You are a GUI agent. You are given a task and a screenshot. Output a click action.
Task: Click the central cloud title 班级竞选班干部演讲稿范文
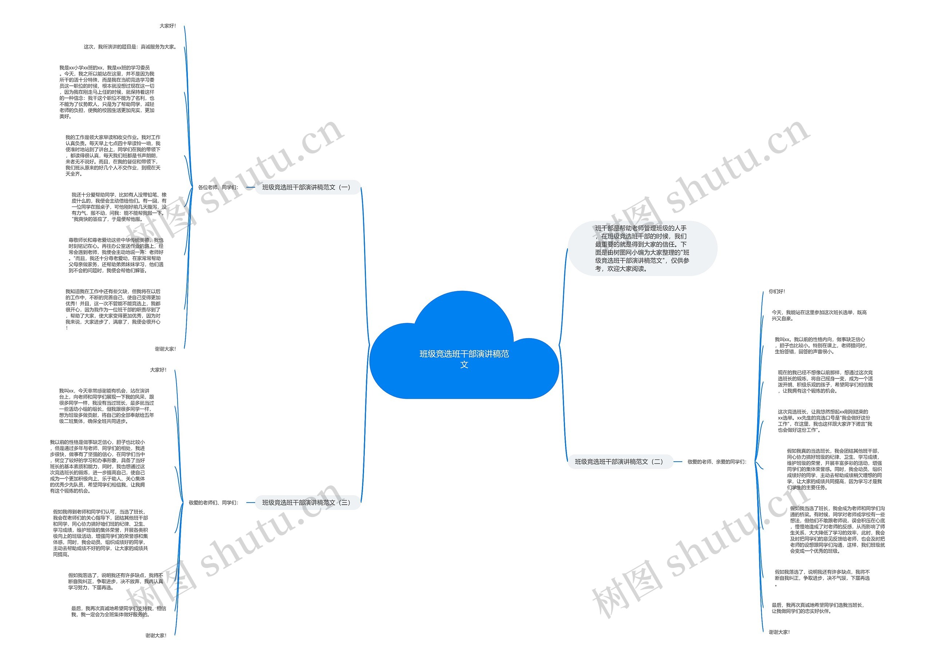pyautogui.click(x=464, y=358)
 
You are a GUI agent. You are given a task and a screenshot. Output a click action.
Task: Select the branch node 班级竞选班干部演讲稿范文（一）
pyautogui.click(x=306, y=187)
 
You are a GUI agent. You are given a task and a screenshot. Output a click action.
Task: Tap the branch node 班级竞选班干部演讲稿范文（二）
pyautogui.click(x=619, y=461)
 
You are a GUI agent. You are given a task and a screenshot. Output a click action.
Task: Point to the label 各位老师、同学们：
pyautogui.click(x=218, y=187)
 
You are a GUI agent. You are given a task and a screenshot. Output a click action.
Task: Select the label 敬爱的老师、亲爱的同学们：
pyautogui.click(x=717, y=461)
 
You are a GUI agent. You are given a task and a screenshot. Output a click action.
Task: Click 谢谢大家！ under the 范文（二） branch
pyautogui.click(x=779, y=632)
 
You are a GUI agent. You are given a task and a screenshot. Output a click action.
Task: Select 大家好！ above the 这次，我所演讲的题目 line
pyautogui.click(x=167, y=26)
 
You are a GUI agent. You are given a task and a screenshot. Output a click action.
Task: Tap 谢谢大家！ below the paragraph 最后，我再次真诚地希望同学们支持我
pyautogui.click(x=156, y=635)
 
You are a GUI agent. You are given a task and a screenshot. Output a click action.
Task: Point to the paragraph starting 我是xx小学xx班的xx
pyautogui.click(x=107, y=92)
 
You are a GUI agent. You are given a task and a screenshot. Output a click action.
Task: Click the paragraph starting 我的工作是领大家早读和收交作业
pyautogui.click(x=113, y=156)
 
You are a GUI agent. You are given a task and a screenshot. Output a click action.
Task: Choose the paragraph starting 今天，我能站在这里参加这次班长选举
pyautogui.click(x=819, y=316)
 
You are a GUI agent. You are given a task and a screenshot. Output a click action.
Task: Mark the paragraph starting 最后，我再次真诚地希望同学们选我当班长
pyautogui.click(x=817, y=608)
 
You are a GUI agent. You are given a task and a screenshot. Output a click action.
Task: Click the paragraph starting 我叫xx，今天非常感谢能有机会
pyautogui.click(x=106, y=406)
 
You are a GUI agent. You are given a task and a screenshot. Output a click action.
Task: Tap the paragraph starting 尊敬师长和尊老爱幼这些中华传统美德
pyautogui.click(x=116, y=255)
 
